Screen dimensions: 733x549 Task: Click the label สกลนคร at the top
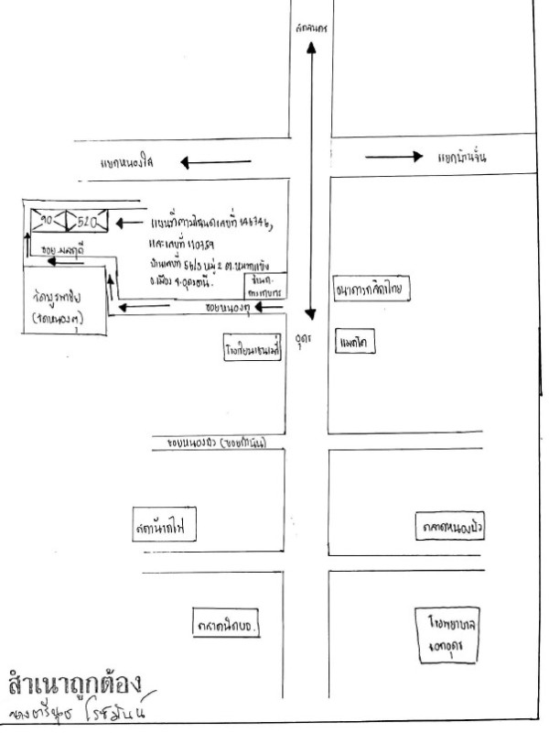click(312, 29)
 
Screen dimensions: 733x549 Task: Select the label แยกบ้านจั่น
click(461, 157)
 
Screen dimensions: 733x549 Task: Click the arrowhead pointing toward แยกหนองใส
click(186, 163)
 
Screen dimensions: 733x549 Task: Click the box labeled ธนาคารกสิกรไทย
click(371, 291)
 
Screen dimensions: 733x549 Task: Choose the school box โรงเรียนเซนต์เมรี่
click(252, 350)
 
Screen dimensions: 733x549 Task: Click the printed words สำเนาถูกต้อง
click(73, 684)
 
